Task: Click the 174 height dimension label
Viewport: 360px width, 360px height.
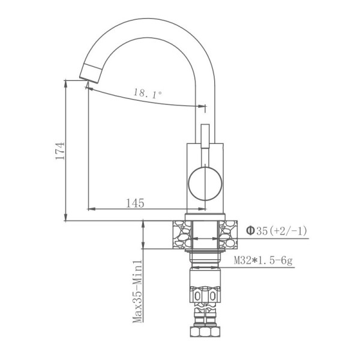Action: click(60, 151)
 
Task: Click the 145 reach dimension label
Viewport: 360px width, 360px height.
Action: click(135, 203)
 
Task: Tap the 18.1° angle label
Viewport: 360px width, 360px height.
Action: click(148, 93)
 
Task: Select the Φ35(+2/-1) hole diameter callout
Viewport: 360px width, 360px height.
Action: click(277, 230)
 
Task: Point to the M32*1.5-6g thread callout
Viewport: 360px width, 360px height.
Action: click(263, 261)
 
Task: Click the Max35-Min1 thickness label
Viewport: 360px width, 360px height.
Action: click(137, 291)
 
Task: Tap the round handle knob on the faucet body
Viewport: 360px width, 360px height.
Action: click(205, 184)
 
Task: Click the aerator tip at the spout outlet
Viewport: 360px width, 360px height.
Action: click(90, 73)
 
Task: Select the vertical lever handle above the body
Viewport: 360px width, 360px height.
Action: click(205, 136)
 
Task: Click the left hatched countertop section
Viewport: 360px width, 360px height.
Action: click(182, 235)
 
